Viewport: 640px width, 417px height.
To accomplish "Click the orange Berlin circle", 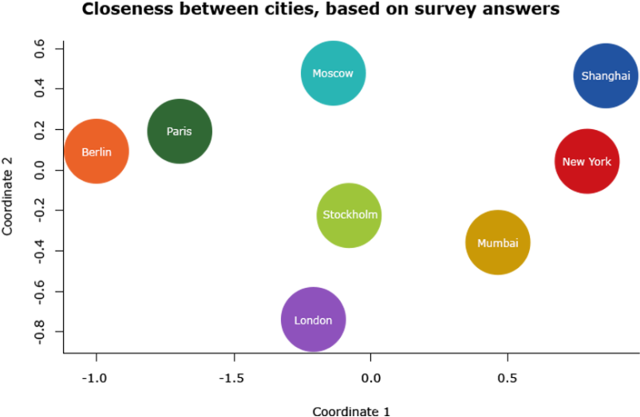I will point(97,151).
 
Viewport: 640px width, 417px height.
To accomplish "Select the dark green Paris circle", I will point(180,131).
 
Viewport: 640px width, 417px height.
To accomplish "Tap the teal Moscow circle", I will point(333,73).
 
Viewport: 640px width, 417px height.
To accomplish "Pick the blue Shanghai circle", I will point(605,76).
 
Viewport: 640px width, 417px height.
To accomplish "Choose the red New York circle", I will point(587,161).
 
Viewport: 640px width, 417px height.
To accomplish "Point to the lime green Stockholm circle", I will point(349,215).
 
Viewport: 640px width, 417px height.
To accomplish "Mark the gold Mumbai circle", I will point(497,242).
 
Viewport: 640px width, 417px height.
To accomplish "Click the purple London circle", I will point(313,319).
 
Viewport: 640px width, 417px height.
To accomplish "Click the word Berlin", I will point(97,152).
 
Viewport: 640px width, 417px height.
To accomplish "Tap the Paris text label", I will point(180,132).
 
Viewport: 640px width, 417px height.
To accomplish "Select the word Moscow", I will point(333,73).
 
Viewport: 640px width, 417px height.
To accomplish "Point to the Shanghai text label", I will point(606,76).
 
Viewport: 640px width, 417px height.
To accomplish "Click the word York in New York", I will point(599,162).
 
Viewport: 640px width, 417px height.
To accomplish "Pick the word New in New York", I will point(574,162).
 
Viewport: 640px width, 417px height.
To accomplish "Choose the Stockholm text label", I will point(350,214).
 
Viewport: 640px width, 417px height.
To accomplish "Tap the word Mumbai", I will point(498,243).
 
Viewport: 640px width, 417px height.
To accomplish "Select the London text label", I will point(313,321).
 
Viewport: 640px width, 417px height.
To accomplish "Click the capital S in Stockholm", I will point(326,214).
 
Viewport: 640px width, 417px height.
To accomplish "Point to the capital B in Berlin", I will point(85,152).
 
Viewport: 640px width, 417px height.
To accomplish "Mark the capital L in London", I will point(297,321).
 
